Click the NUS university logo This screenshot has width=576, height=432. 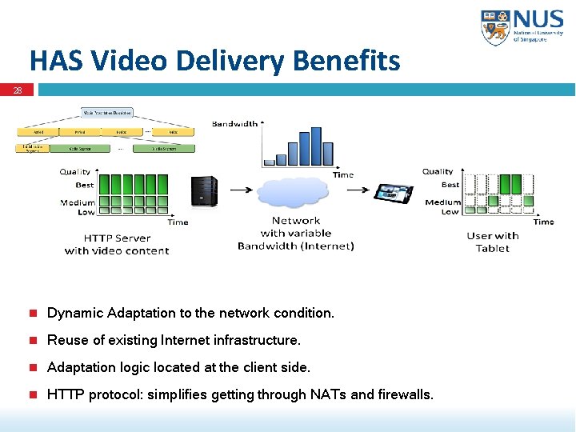point(522,27)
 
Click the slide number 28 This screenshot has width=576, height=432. point(17,90)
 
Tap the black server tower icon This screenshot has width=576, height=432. point(203,191)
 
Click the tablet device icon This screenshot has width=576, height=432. point(394,192)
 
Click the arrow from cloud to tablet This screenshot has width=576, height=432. point(352,190)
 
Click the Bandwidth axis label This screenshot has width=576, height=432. point(234,123)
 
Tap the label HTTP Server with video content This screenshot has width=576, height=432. point(117,244)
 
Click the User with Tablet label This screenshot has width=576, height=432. point(492,242)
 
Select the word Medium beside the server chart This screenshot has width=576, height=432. point(78,202)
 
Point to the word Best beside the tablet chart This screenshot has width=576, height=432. point(450,184)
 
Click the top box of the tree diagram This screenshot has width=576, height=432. point(106,113)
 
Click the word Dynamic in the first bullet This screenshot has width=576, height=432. point(75,313)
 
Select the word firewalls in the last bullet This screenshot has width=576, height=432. point(404,394)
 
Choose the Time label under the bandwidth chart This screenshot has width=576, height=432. point(342,174)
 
